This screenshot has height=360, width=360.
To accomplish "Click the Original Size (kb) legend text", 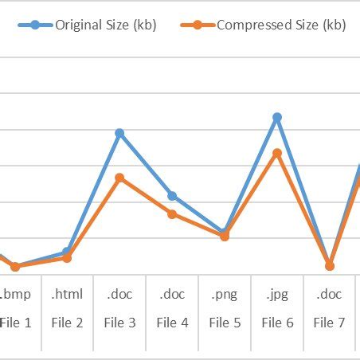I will (x=105, y=25).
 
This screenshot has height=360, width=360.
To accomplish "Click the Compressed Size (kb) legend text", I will (x=281, y=25).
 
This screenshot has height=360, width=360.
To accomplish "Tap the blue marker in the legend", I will (x=34, y=25).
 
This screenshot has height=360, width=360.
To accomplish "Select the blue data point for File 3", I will (x=119, y=133).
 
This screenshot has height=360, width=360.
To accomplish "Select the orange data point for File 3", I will (x=119, y=178).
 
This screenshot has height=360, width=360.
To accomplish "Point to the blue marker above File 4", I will (x=172, y=196).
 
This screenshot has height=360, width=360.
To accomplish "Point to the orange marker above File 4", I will (x=172, y=213).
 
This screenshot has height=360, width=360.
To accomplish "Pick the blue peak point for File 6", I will (x=277, y=117).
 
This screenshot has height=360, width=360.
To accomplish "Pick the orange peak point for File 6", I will (x=277, y=153).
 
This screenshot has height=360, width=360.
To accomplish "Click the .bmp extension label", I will (x=16, y=294).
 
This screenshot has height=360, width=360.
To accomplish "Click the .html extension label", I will (x=67, y=294).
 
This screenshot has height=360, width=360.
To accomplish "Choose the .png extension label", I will (x=225, y=294).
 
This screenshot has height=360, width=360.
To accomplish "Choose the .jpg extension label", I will (x=277, y=294).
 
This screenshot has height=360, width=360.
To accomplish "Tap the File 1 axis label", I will (x=16, y=323).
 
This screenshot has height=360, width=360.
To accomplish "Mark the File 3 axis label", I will (x=119, y=323).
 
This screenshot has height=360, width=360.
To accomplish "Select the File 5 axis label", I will (x=225, y=323).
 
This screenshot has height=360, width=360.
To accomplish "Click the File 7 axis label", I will (x=329, y=323).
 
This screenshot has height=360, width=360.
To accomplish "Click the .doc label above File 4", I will (x=172, y=294).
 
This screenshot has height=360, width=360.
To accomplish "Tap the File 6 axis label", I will (x=277, y=323).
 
